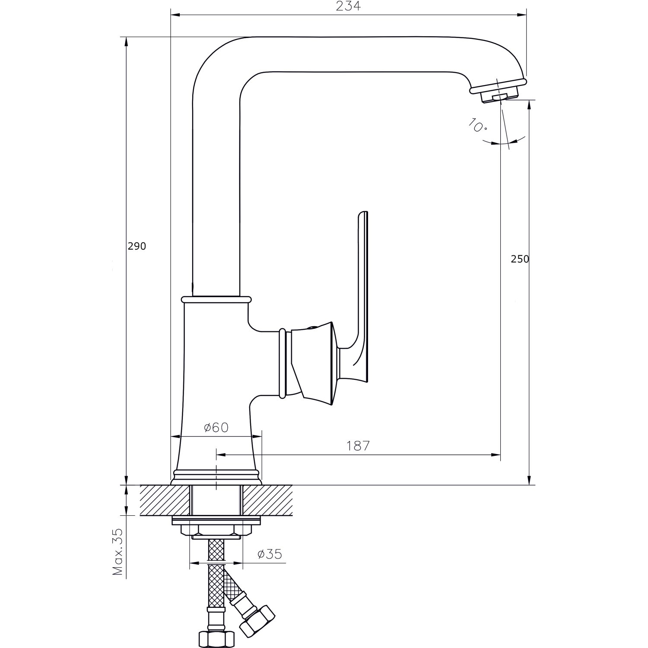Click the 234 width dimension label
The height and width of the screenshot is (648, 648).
pos(348,6)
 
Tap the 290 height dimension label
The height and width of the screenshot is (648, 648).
pos(137,246)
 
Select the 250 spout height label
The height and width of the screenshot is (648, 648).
pos(520,259)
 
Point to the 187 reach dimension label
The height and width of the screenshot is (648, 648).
pos(358,446)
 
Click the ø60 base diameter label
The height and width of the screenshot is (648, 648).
pos(216,428)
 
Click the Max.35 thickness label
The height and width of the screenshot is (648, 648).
pos(118,553)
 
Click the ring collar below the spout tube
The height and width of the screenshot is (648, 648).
pos(216,299)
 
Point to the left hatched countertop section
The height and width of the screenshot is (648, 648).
pos(165,500)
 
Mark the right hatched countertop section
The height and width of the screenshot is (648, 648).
pos(267,500)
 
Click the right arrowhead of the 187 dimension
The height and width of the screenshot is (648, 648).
pos(497,454)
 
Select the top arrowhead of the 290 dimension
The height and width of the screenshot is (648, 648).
pos(126,41)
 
